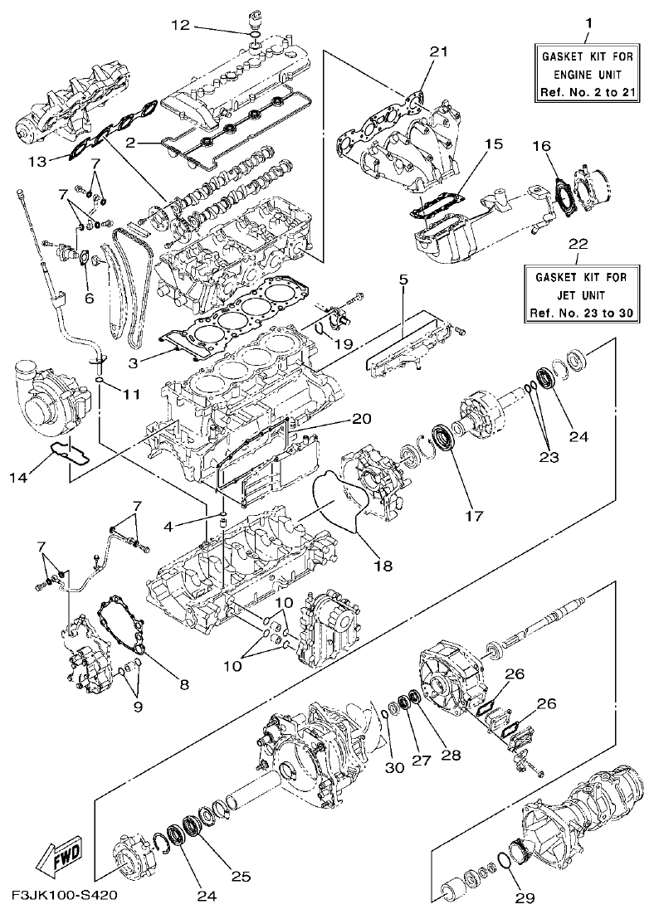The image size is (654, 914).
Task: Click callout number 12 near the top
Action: coord(181,26)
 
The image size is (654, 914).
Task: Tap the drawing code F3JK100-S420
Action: coord(64,896)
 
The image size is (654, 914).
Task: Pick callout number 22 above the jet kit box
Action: coord(579,245)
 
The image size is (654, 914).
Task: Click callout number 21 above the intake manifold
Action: coord(438,51)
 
